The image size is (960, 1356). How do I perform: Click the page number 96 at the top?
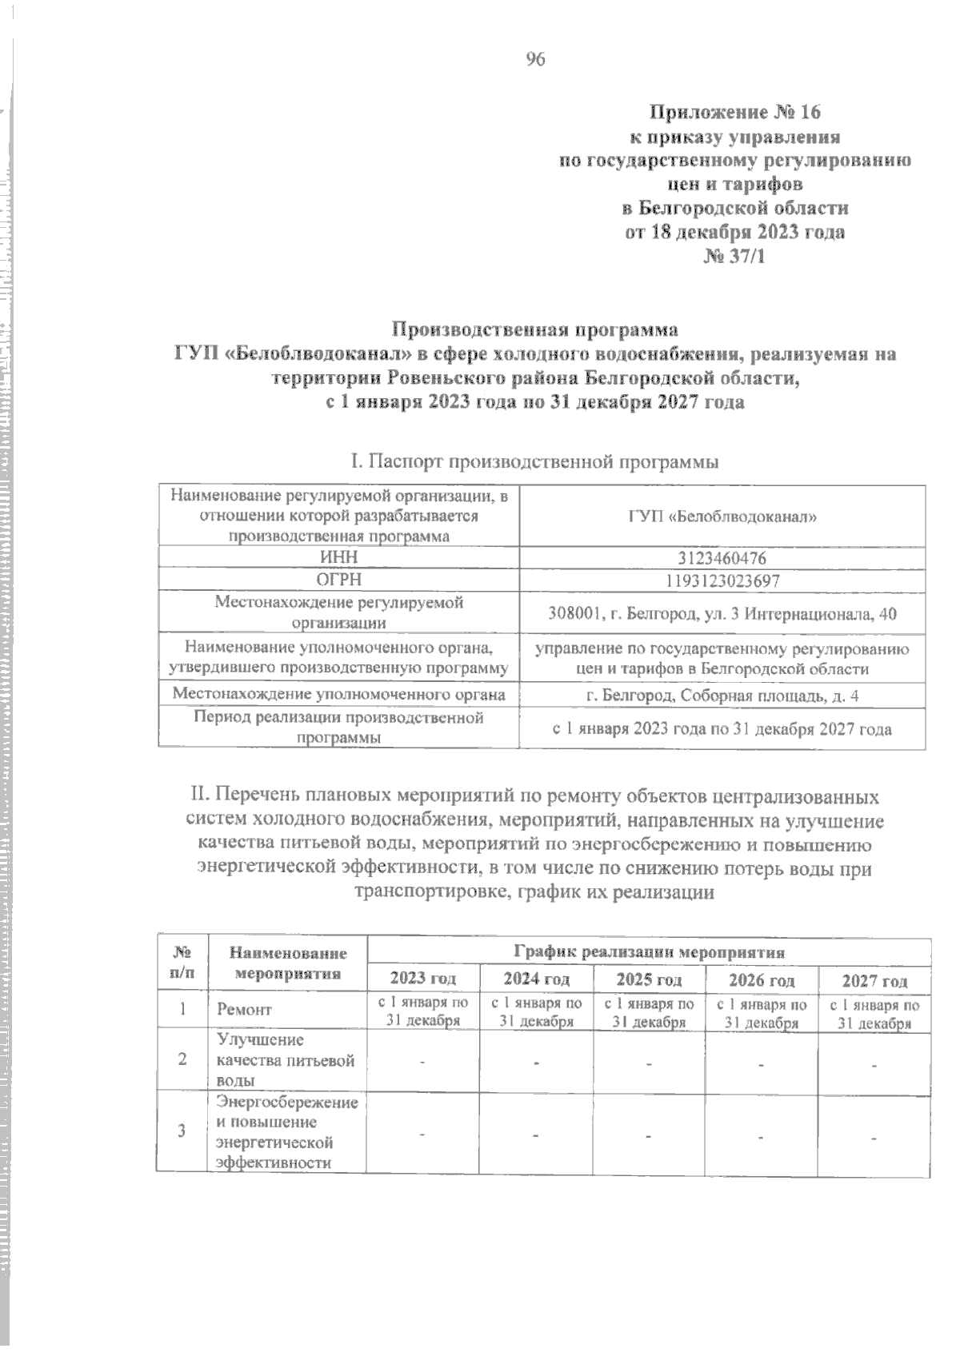pos(535,59)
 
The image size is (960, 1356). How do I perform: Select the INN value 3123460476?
pos(722,557)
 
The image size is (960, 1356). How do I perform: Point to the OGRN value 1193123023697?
pos(722,580)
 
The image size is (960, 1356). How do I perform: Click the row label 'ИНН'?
pos(338,557)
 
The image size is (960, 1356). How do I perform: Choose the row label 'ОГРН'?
pos(338,580)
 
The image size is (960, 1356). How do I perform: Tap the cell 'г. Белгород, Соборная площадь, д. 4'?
pos(722,696)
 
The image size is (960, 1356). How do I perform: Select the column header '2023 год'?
pos(422,979)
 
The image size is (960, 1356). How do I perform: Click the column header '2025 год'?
pos(649,979)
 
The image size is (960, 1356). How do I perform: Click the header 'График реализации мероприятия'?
pos(649,951)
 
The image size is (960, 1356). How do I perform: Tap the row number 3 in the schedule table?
pos(182,1131)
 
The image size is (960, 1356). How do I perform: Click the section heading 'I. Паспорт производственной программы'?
pos(534,462)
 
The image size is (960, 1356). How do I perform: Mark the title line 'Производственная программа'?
pos(534,329)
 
